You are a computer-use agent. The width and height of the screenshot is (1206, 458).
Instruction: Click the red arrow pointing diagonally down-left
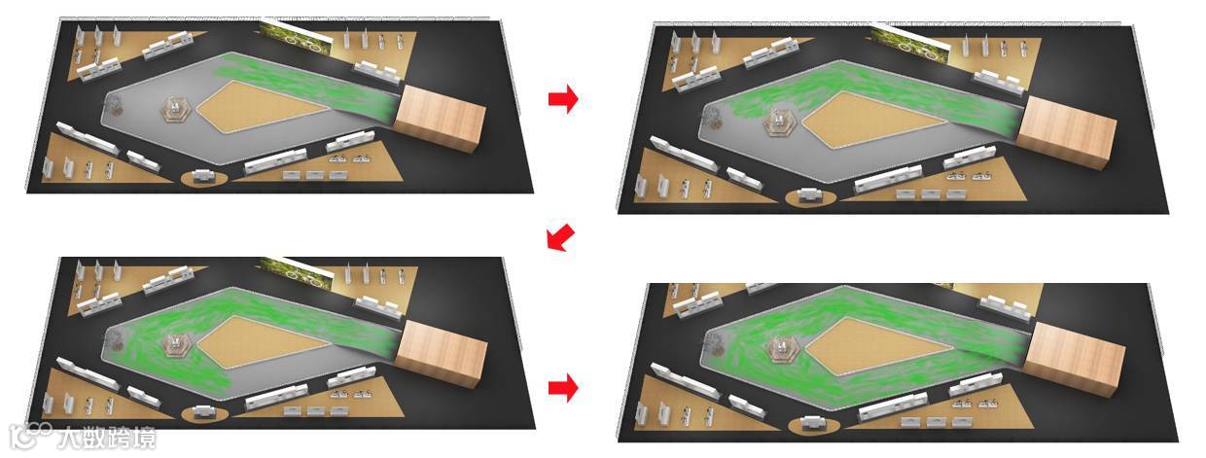click(x=560, y=237)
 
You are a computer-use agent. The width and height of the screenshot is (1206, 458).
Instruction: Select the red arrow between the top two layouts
click(x=563, y=99)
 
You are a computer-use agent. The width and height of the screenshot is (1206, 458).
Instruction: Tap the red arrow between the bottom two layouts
click(x=563, y=388)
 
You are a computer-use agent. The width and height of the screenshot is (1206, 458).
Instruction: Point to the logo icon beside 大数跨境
click(x=29, y=436)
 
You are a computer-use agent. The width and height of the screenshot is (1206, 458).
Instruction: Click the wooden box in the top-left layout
click(x=440, y=118)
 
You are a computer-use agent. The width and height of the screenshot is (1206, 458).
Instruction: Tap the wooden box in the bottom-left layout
click(x=441, y=353)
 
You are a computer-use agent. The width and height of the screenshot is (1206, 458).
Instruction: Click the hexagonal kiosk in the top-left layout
click(x=175, y=110)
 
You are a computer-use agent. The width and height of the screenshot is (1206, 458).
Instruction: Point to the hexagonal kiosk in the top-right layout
click(x=779, y=123)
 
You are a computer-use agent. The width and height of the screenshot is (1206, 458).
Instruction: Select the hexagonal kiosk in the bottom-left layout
click(x=175, y=344)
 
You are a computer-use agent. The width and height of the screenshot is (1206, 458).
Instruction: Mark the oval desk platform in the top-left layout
click(x=204, y=178)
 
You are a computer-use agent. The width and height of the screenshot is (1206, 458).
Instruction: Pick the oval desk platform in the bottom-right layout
click(x=813, y=426)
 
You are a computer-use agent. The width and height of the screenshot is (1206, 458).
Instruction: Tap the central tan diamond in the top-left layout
click(x=264, y=107)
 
